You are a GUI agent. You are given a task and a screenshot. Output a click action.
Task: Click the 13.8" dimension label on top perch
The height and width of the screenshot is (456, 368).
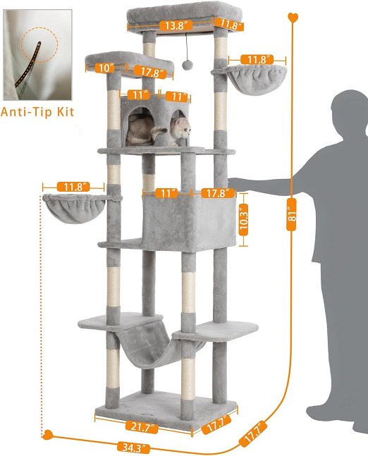click(x=176, y=25)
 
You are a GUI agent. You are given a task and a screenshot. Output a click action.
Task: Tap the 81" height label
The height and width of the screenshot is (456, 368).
click(x=291, y=215)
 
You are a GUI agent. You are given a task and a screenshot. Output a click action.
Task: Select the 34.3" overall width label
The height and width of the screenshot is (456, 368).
click(x=134, y=447)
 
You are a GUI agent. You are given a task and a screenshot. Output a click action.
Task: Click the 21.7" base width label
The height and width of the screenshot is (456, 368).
click(x=142, y=427)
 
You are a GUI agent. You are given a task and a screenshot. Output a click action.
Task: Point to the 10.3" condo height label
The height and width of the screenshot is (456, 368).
click(x=244, y=220)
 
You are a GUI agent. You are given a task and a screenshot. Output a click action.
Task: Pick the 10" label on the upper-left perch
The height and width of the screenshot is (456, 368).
click(x=105, y=68)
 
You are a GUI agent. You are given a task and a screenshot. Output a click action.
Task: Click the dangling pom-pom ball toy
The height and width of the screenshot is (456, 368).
click(x=187, y=65)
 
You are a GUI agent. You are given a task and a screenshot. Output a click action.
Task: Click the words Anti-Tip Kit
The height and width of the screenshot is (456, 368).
click(x=37, y=112)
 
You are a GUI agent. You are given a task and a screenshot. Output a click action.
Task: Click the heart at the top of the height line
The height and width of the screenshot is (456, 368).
click(x=293, y=17)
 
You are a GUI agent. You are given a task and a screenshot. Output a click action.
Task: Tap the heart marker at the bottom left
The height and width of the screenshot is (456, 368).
click(x=48, y=435)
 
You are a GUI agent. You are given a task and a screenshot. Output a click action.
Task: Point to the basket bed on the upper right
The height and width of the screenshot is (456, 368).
click(x=250, y=78)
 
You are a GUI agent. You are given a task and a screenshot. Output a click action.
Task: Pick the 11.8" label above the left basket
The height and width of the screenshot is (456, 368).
click(x=73, y=187)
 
